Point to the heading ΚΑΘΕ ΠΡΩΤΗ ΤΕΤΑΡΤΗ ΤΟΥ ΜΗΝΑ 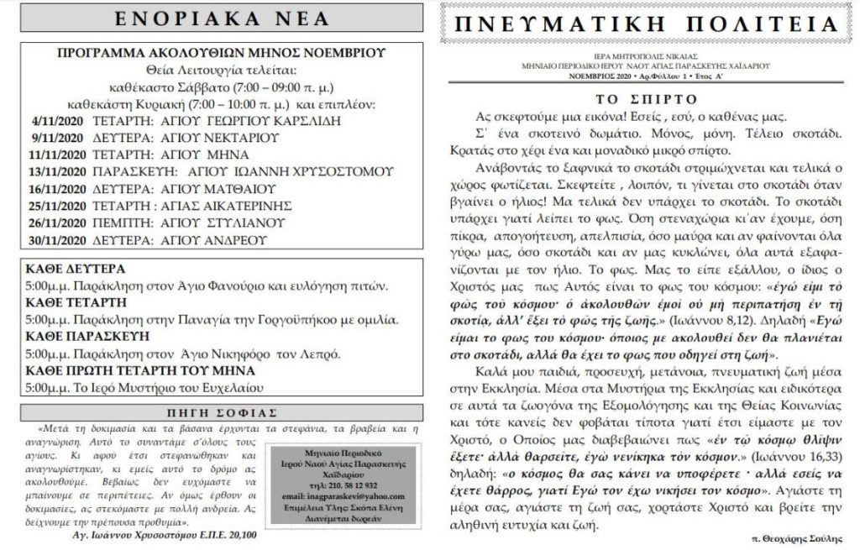pyautogui.click(x=139, y=369)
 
